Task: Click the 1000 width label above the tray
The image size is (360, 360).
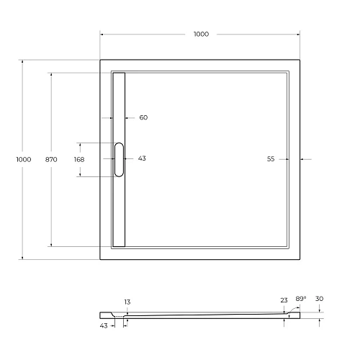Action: pos(201,34)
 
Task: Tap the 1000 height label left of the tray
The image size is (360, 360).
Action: pos(24,159)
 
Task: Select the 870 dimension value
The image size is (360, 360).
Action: pos(51,159)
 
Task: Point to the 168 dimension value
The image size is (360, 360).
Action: pos(79,159)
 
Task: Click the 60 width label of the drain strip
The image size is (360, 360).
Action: pos(143,117)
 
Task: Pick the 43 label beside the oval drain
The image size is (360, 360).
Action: pos(142,158)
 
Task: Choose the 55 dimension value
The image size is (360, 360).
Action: pos(271,159)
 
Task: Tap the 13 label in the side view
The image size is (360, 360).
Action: pos(127,302)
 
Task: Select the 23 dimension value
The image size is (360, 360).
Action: pos(284,300)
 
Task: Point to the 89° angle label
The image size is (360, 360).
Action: pos(300,298)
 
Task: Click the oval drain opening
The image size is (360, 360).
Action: pos(119,159)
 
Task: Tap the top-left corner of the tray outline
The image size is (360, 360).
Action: pos(100,60)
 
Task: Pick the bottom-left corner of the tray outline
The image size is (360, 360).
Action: pos(100,259)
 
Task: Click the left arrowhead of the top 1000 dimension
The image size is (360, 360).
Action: pos(102,34)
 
